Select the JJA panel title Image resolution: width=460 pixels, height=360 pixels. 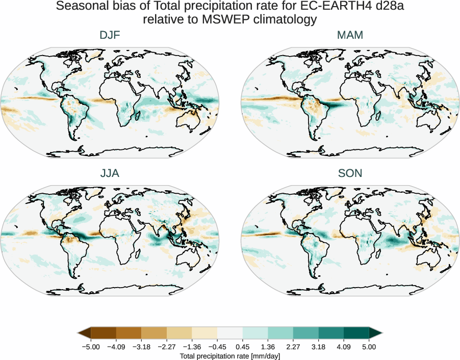pos(110,173)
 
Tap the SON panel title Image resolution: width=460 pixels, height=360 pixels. pos(350,173)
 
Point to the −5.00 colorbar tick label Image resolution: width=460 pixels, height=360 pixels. pos(91,347)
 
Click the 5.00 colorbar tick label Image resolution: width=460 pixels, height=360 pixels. pos(369,347)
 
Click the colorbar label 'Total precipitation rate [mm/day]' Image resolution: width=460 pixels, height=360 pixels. pos(230,356)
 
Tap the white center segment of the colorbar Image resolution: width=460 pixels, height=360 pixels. pos(230,333)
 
